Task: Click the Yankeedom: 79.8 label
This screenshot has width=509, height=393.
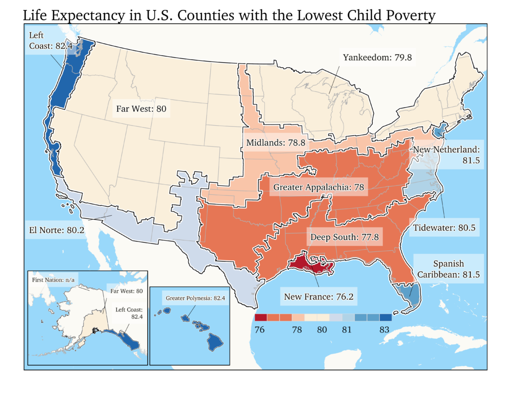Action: coord(377,57)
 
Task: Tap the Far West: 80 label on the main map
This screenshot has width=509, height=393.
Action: coord(141,109)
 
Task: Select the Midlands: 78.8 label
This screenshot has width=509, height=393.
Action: coord(275,143)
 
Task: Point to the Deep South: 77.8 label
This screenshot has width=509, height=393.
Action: coord(344,237)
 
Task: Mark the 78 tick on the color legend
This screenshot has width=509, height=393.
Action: coord(297,329)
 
